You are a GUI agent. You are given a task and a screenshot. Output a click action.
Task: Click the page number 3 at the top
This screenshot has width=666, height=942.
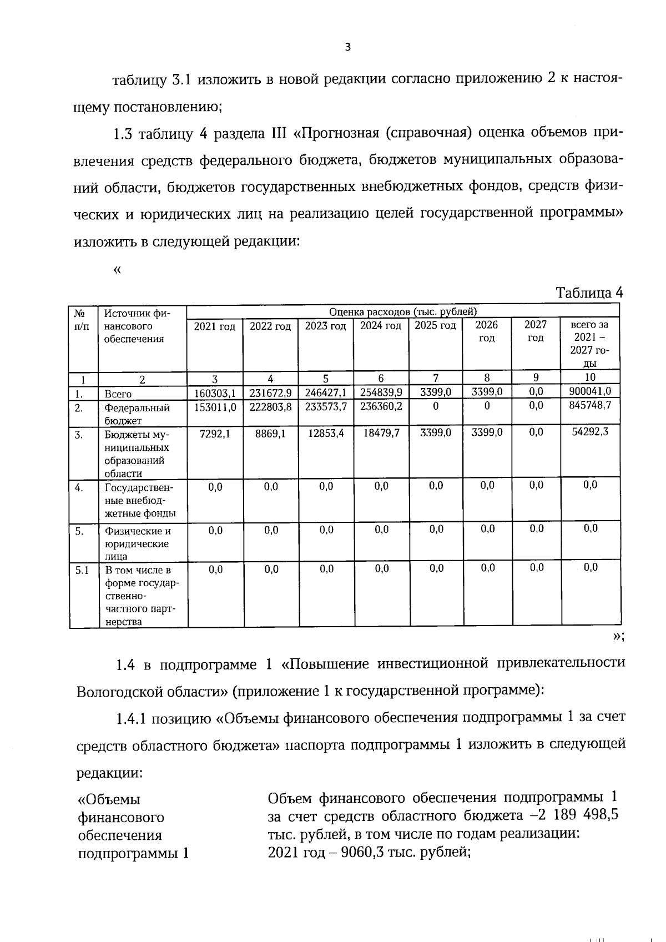(348, 47)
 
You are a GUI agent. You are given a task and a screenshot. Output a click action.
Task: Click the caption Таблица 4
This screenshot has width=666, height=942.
(589, 293)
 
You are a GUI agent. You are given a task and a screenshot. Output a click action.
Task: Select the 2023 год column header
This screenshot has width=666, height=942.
(325, 326)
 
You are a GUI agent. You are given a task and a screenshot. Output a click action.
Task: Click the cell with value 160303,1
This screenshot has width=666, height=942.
(215, 393)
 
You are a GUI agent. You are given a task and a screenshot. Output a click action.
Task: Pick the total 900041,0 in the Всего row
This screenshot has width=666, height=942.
(590, 391)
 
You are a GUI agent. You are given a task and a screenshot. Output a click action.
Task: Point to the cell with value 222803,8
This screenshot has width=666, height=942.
(270, 407)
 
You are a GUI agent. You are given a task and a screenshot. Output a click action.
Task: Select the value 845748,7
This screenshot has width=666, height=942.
(590, 405)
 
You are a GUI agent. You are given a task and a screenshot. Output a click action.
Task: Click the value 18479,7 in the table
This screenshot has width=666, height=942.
(381, 433)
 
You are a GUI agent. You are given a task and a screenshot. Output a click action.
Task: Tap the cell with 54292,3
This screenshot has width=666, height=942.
(590, 431)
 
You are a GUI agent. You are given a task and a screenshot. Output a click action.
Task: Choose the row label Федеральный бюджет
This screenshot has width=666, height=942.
(137, 414)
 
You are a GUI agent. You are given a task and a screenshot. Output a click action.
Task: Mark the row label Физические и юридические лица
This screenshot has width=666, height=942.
(137, 543)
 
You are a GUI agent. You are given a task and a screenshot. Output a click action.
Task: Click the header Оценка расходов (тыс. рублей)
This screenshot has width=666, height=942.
(403, 312)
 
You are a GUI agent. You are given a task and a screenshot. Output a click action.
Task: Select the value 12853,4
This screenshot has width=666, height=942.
(326, 433)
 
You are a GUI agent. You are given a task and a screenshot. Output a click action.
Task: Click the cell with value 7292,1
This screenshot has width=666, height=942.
(215, 433)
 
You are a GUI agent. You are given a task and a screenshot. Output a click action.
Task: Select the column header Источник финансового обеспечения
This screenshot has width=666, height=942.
(137, 326)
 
